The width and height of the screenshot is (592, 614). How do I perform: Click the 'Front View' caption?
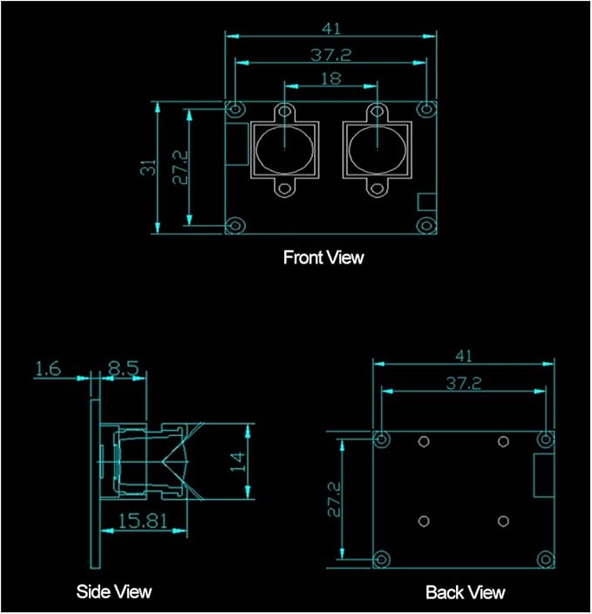pyautogui.click(x=323, y=257)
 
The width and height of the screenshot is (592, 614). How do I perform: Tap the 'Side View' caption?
pyautogui.click(x=113, y=591)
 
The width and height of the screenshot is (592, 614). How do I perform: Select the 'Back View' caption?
pyautogui.click(x=466, y=592)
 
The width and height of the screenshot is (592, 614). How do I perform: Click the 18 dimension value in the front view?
pyautogui.click(x=331, y=78)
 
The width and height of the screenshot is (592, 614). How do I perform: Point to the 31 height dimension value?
pyautogui.click(x=148, y=167)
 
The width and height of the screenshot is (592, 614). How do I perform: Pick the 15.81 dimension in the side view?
pyautogui.click(x=142, y=522)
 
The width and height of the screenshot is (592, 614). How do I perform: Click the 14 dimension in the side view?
pyautogui.click(x=237, y=461)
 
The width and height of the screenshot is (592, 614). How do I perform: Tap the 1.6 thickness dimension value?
pyautogui.click(x=48, y=369)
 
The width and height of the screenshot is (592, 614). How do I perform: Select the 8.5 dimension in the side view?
pyautogui.click(x=123, y=368)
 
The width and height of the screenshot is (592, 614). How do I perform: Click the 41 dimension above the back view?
pyautogui.click(x=464, y=356)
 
